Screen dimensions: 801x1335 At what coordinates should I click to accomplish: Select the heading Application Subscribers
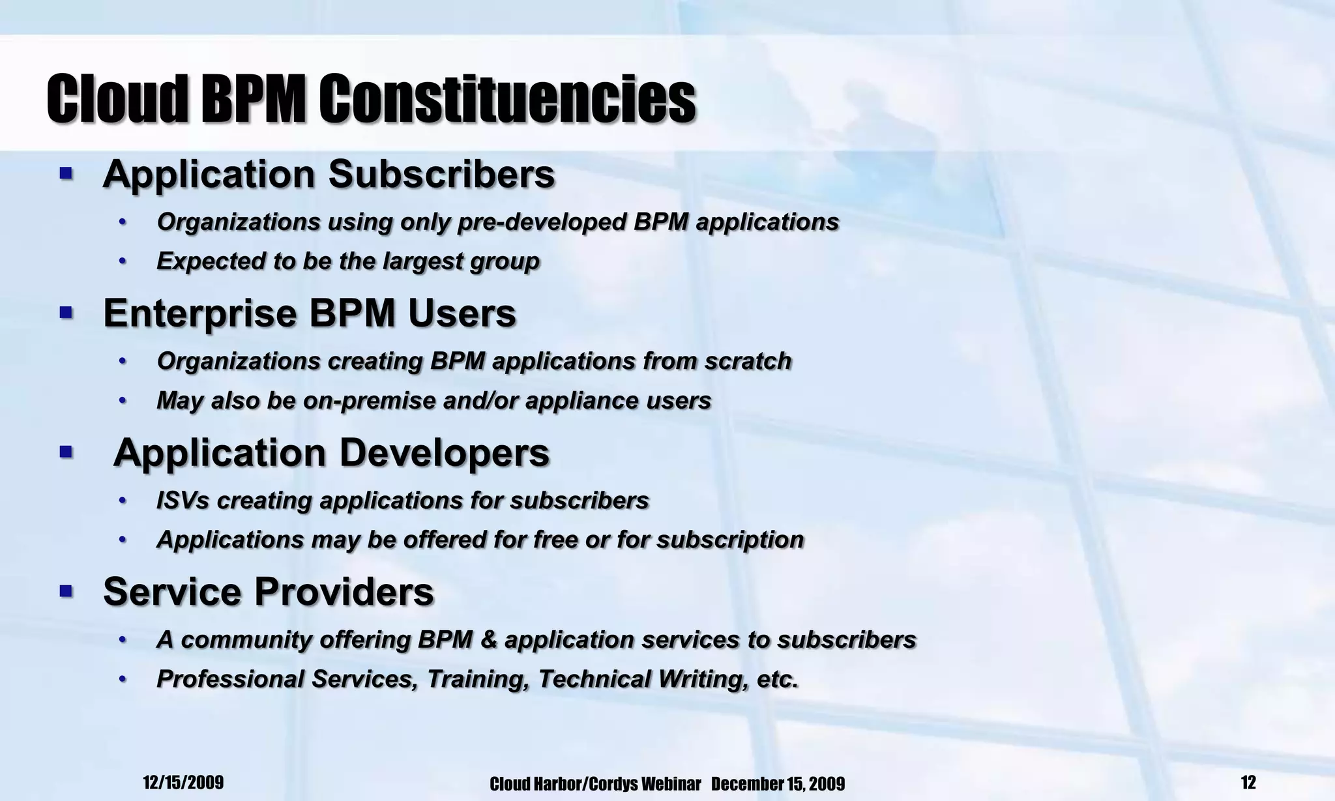click(x=329, y=175)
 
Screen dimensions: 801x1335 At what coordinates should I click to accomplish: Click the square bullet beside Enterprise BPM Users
click(x=66, y=313)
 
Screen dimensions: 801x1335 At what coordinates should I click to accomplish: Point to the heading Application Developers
click(x=331, y=453)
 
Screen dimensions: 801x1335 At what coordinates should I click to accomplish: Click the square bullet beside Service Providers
click(x=66, y=591)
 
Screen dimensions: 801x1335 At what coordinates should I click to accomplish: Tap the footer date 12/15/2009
click(x=183, y=783)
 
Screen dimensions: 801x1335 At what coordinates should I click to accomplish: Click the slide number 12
click(x=1248, y=782)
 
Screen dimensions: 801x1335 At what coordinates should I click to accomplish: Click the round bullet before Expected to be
click(x=122, y=262)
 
